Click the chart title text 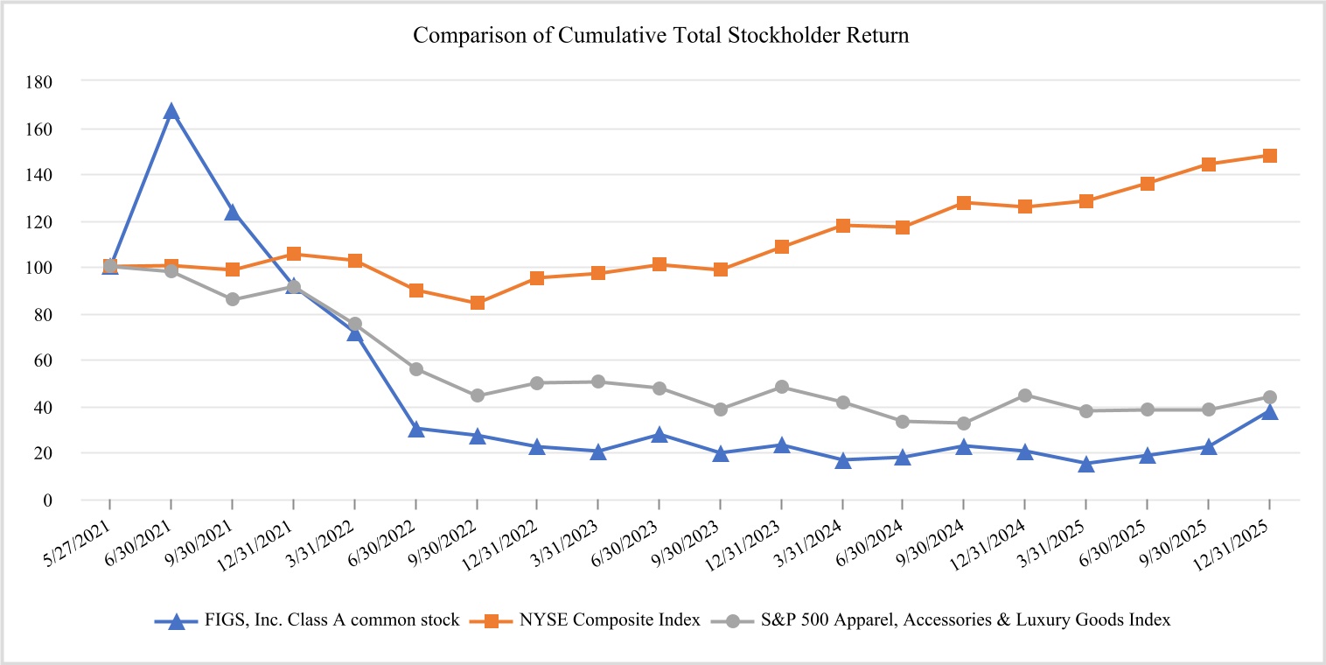pos(660,36)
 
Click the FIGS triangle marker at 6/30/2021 pos(171,111)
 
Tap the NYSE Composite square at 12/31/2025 pos(1269,156)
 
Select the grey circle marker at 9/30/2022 pos(478,395)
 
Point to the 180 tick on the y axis pos(41,81)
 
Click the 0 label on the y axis pos(47,500)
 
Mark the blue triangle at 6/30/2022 pos(416,429)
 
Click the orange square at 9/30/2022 pos(478,303)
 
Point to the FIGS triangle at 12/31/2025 pos(1269,411)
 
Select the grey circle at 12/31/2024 pos(1024,395)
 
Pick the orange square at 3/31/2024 pos(842,226)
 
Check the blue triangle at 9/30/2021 pos(233,213)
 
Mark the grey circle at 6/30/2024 pos(903,421)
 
